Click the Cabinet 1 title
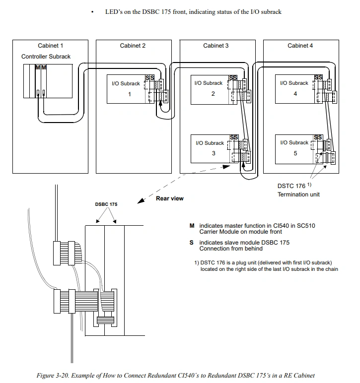(x=50, y=46)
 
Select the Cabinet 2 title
(x=133, y=46)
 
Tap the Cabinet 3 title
(x=216, y=46)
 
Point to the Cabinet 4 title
(x=300, y=46)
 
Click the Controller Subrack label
(x=46, y=57)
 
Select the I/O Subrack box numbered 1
(x=127, y=89)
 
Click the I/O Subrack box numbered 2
(x=211, y=89)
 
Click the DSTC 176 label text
(x=291, y=186)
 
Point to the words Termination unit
(x=298, y=194)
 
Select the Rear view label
(x=169, y=198)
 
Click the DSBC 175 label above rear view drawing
(x=106, y=204)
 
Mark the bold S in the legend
(x=192, y=243)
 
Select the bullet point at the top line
(x=92, y=12)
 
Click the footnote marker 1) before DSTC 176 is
(x=197, y=262)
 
